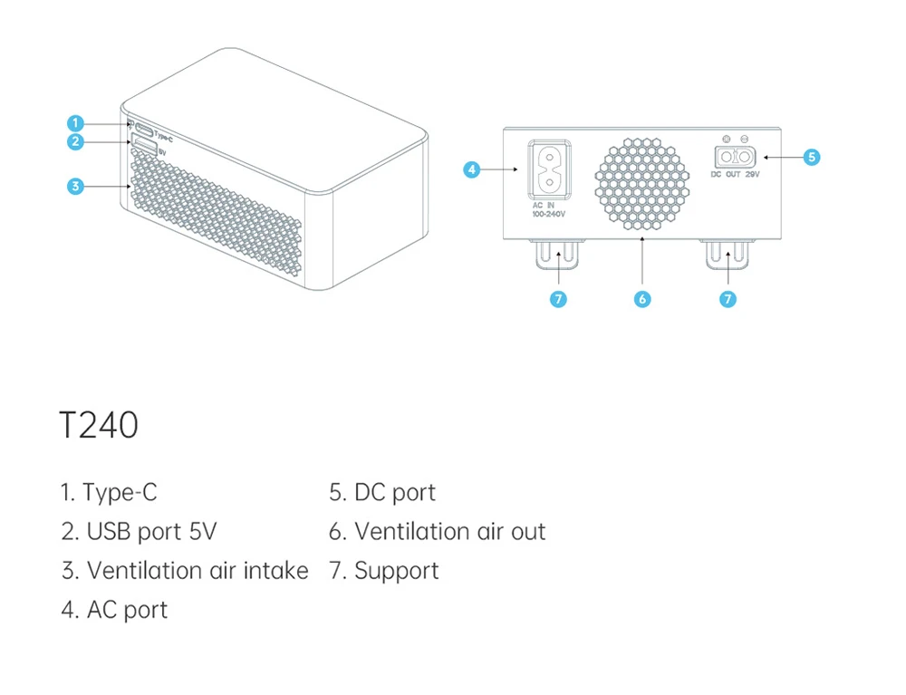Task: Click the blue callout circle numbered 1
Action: (75, 122)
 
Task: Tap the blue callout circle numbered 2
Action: (75, 141)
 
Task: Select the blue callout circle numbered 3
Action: (75, 187)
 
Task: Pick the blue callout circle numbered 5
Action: (812, 157)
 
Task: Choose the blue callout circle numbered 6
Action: (642, 299)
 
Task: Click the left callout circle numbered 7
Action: (559, 299)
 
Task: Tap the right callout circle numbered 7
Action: (728, 299)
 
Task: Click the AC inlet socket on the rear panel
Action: (549, 169)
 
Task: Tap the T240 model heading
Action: (98, 425)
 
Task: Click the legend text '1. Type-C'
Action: (109, 492)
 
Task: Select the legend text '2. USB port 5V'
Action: (139, 531)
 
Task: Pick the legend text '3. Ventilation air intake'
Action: (185, 570)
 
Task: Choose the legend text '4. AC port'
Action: (114, 610)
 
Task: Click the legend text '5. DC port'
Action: (381, 492)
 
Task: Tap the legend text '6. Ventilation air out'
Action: (437, 531)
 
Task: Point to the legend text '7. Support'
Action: (383, 570)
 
